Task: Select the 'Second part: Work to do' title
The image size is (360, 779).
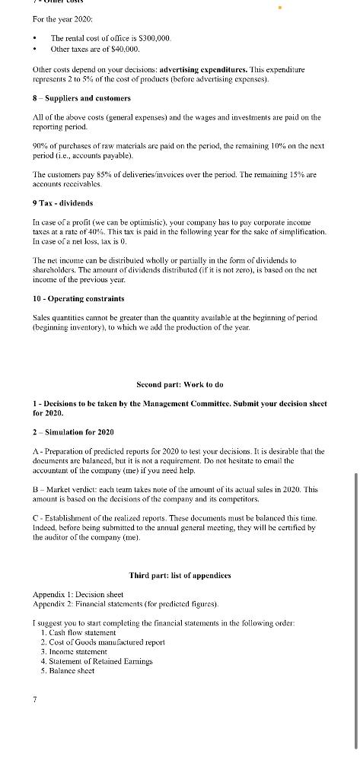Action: (180, 384)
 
